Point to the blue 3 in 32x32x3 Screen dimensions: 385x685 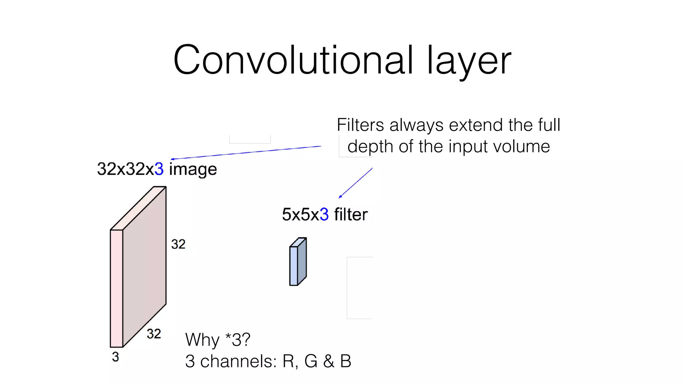coord(159,169)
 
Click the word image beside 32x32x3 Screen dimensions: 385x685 coord(193,169)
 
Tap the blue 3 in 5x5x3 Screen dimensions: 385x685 coord(324,214)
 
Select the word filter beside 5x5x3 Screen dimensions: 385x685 coord(351,214)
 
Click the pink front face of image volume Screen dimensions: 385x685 coord(116,288)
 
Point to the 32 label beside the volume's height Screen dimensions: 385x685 coord(178,244)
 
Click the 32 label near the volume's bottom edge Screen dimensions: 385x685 coord(154,334)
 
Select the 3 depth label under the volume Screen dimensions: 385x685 coord(115,357)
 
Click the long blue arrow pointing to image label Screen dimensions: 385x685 coord(246,153)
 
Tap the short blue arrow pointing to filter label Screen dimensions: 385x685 coord(356,183)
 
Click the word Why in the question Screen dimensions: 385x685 coord(202,340)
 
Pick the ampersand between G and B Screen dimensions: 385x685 coord(328,361)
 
